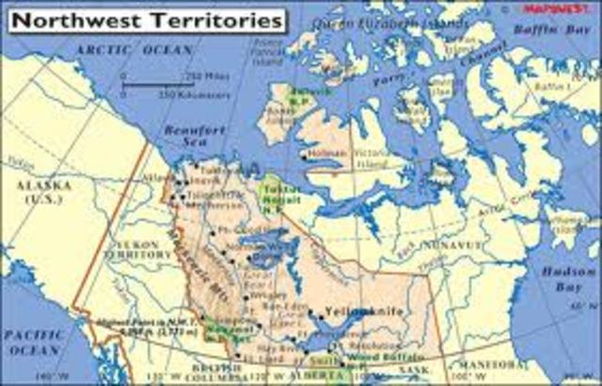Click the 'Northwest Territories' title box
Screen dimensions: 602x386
coord(142,18)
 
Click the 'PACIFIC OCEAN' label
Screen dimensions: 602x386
coord(32,342)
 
